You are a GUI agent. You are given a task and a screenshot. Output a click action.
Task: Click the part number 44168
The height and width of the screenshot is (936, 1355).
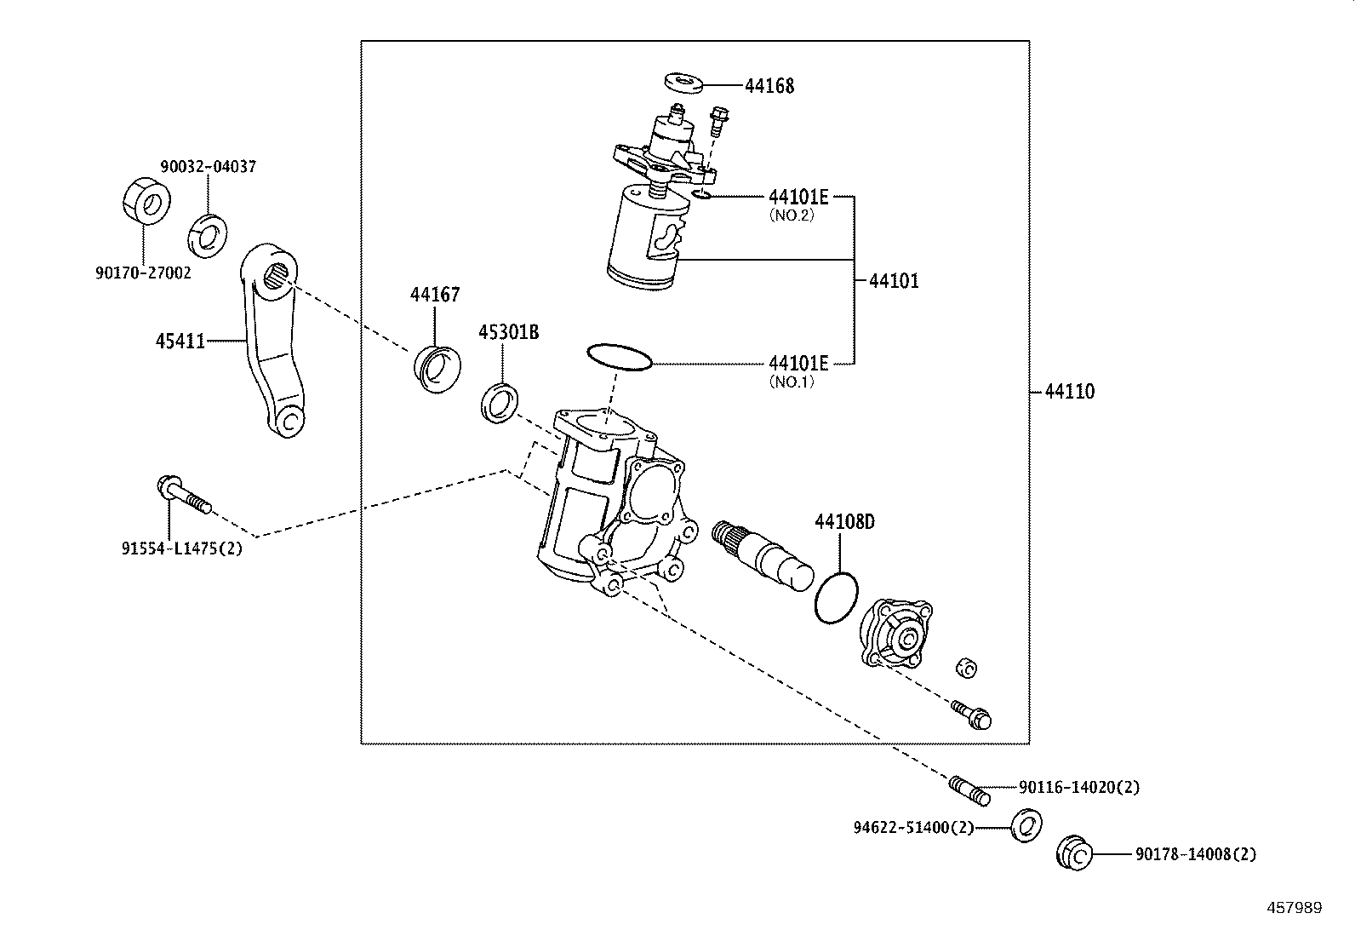769,86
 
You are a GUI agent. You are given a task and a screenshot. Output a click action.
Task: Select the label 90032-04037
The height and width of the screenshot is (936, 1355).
209,167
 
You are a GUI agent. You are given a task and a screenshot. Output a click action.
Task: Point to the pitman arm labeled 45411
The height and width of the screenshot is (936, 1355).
272,341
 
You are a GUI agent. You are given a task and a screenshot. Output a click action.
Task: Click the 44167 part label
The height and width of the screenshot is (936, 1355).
435,295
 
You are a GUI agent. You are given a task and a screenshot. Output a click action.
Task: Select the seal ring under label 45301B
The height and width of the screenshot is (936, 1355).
501,402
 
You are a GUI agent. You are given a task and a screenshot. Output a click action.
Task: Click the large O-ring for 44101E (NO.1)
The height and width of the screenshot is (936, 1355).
620,357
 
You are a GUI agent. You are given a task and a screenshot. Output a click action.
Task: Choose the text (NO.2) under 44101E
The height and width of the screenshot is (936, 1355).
792,215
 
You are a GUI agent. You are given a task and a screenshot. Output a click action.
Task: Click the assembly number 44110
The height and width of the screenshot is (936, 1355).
1070,392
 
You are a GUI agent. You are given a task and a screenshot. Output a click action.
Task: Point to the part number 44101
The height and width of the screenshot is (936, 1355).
895,281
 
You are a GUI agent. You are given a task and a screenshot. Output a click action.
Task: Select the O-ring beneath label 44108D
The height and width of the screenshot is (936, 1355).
836,597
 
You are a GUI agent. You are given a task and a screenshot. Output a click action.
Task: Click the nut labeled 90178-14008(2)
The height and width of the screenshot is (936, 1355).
1074,853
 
